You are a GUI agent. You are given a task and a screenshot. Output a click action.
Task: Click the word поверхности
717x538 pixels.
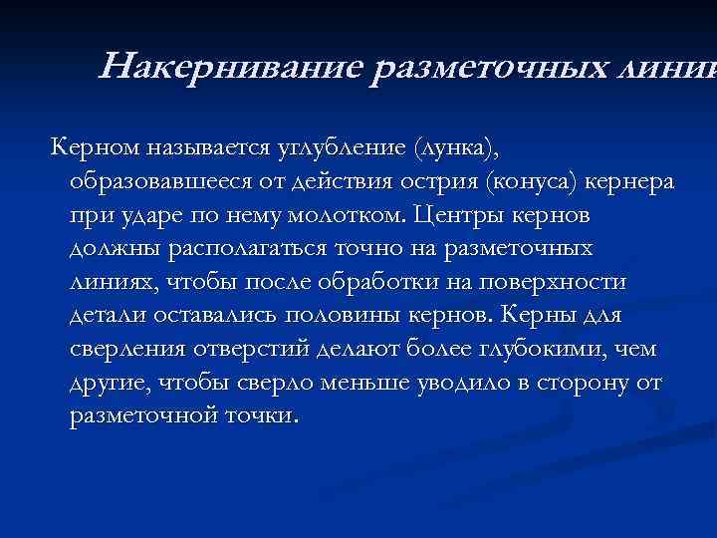[x=561, y=281]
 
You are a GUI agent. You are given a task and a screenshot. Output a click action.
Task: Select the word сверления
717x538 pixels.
[x=120, y=348]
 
